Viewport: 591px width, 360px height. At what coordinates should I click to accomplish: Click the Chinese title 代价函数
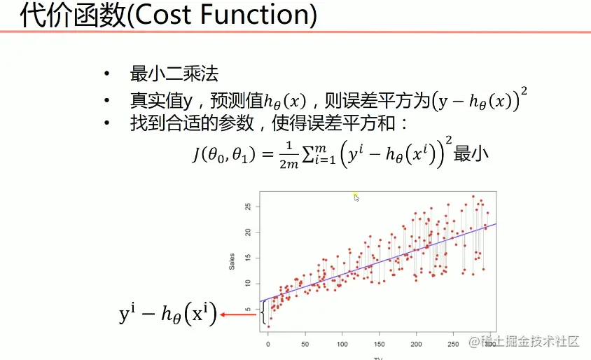tap(72, 16)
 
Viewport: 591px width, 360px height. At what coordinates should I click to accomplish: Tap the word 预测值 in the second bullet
tap(228, 99)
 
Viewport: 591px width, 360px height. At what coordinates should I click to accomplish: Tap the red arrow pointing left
tap(237, 315)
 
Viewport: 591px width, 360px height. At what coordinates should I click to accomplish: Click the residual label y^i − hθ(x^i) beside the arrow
tap(168, 315)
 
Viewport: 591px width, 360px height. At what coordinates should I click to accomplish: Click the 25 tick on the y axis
tap(249, 207)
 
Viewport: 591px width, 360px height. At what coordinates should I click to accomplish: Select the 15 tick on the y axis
tap(249, 258)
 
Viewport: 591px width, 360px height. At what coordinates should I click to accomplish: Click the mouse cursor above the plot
tap(356, 198)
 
